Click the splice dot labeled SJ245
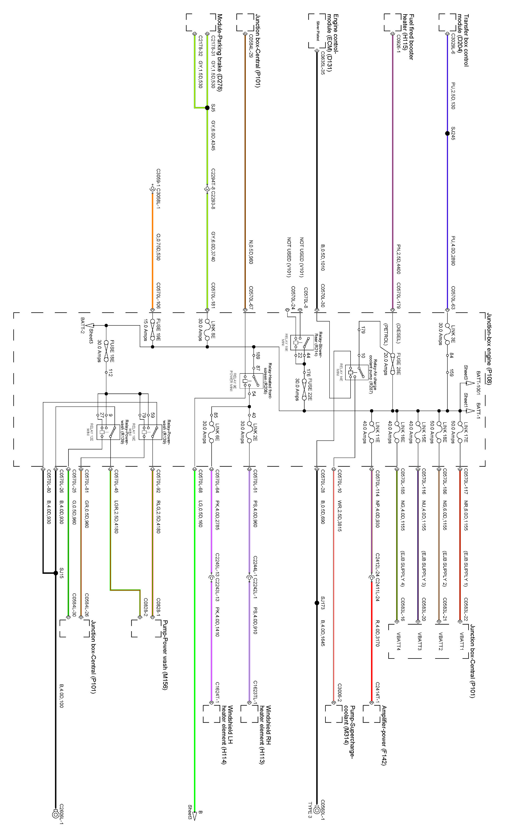(447, 133)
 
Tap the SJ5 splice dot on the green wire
(207, 108)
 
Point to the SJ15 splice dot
(56, 573)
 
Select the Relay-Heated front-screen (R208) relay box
(249, 381)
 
